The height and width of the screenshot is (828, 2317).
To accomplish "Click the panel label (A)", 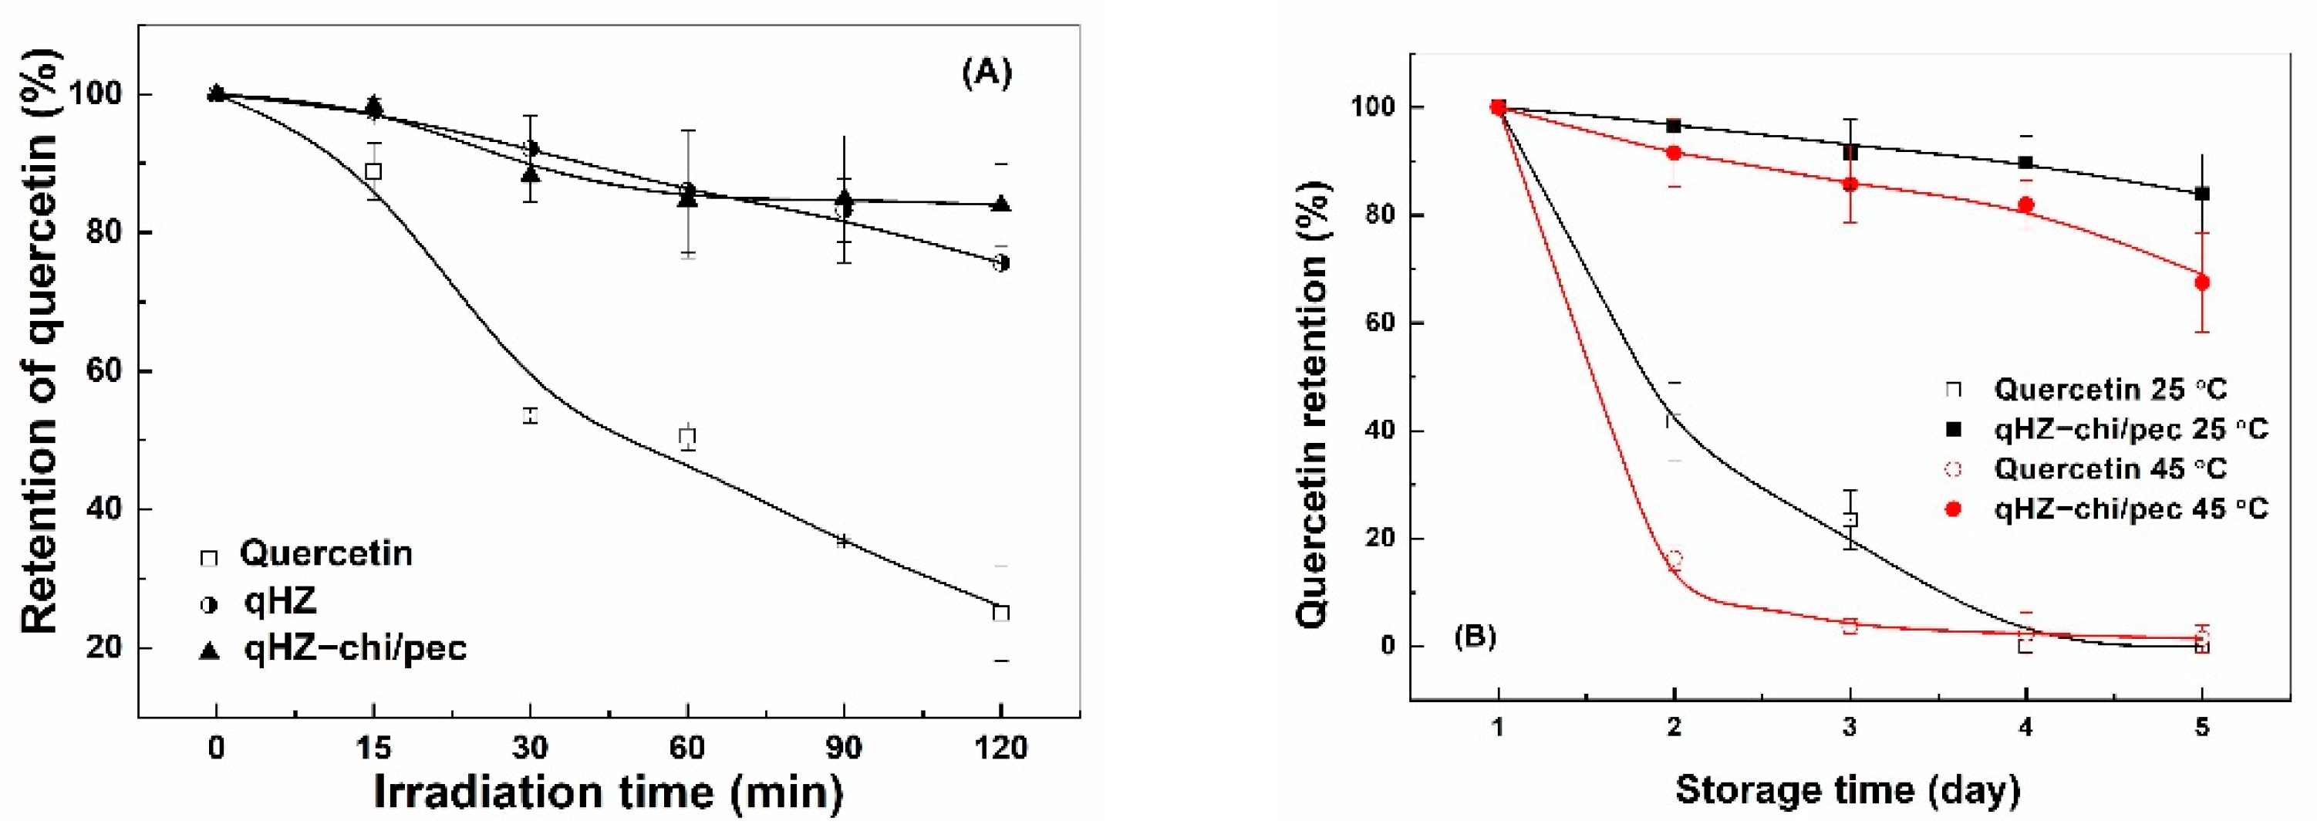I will pyautogui.click(x=986, y=72).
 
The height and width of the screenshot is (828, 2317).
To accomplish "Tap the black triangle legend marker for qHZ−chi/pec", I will pyautogui.click(x=209, y=650).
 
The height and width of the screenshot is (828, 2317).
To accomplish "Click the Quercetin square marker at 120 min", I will pyautogui.click(x=1001, y=613).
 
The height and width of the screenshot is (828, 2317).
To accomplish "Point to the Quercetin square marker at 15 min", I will pyautogui.click(x=373, y=171).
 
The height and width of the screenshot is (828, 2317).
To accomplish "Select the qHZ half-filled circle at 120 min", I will pyautogui.click(x=1001, y=263).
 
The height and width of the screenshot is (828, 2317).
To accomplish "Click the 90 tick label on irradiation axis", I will pyautogui.click(x=844, y=748).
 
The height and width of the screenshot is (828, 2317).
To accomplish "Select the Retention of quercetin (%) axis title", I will pyautogui.click(x=40, y=342).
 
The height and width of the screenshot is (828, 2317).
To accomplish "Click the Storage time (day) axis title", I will pyautogui.click(x=1847, y=790).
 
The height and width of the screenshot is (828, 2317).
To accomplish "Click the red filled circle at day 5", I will pyautogui.click(x=2202, y=282).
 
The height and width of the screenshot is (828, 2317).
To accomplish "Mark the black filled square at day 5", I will pyautogui.click(x=2202, y=194).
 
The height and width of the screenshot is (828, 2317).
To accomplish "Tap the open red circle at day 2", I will pyautogui.click(x=1674, y=559).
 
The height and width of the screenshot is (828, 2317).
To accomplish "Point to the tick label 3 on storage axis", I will pyautogui.click(x=1850, y=727).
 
